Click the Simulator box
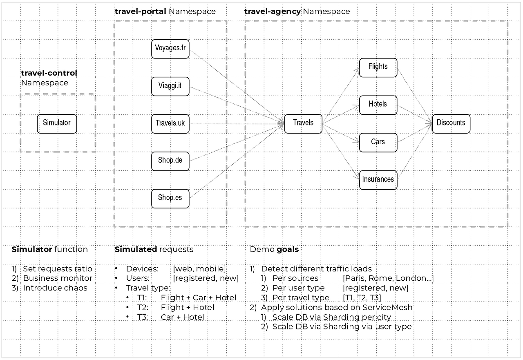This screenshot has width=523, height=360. (57, 123)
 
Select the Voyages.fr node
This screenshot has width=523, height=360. (170, 49)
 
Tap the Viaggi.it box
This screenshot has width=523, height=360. (170, 86)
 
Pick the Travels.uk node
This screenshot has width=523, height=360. (170, 123)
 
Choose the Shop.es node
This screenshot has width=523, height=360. (170, 198)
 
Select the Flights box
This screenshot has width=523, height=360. (378, 67)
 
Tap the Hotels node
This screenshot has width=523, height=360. (378, 105)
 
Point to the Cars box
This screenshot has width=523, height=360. (378, 142)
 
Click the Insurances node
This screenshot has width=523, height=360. (378, 180)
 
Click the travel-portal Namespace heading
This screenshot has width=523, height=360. (165, 11)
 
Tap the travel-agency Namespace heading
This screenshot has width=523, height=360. (297, 11)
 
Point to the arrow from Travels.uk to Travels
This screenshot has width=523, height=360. (237, 123)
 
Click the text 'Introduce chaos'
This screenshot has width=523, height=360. (55, 288)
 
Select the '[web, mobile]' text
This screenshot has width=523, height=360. (199, 268)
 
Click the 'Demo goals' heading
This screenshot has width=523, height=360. (274, 249)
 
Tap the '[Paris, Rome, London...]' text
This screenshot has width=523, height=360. (388, 278)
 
